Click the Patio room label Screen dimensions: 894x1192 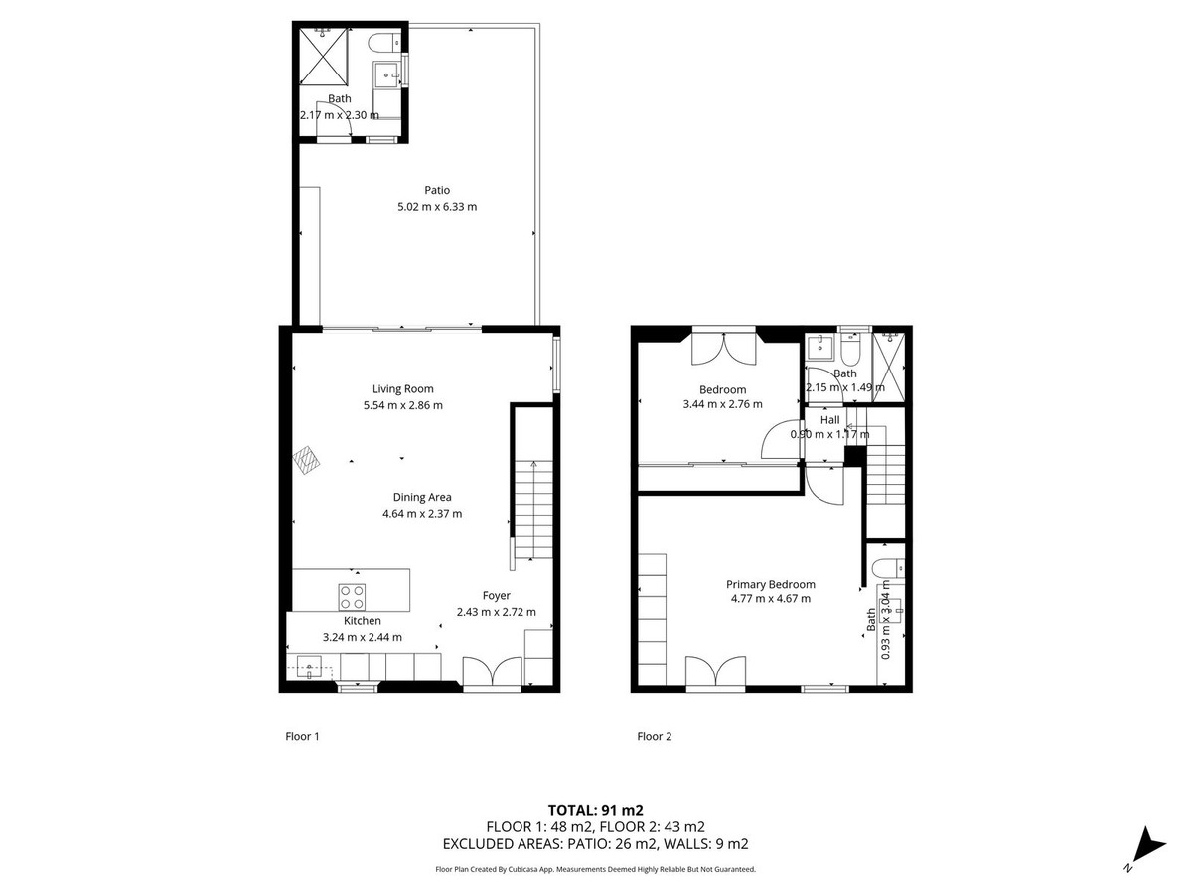tap(437, 190)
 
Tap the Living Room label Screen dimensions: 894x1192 tap(402, 388)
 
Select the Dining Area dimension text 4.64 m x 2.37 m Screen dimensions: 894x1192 tap(422, 514)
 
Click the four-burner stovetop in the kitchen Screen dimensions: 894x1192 tap(352, 596)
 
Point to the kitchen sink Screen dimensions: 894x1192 tap(312, 667)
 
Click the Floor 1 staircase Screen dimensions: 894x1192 tap(533, 512)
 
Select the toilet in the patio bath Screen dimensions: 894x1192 tap(382, 43)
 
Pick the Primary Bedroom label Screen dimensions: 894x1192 tap(770, 584)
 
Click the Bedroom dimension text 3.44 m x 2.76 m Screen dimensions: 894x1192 tap(722, 404)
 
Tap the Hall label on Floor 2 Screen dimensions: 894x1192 tap(828, 419)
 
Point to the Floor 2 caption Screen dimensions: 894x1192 tap(654, 736)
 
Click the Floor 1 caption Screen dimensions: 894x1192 tap(302, 736)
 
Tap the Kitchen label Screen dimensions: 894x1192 tap(363, 621)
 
